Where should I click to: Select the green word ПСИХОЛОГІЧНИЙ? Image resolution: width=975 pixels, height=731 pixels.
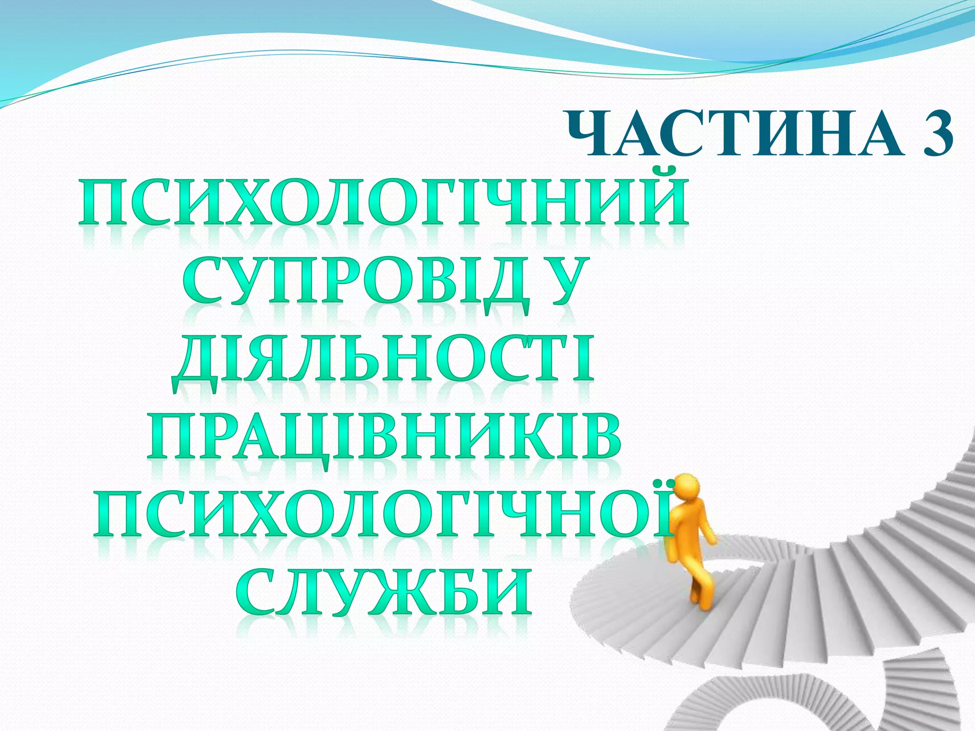click(383, 202)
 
